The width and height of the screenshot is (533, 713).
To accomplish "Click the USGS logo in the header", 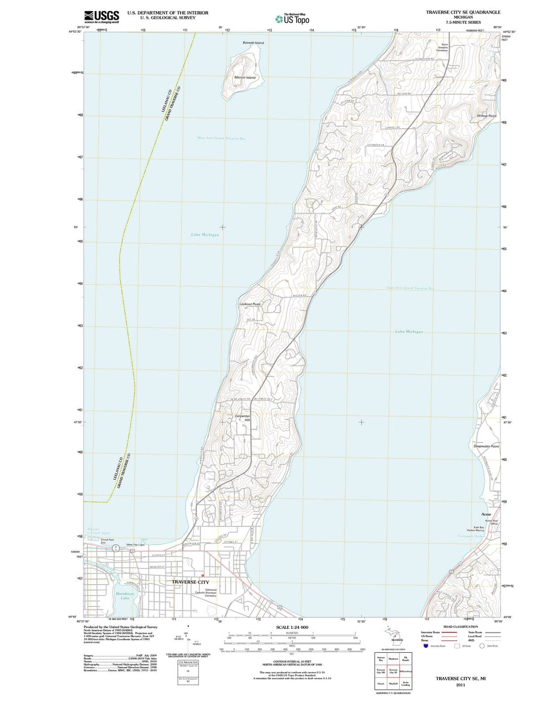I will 101,17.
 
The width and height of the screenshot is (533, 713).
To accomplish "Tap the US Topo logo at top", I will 292,19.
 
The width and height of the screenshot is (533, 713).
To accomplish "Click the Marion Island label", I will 245,77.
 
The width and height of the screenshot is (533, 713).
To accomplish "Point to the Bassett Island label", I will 253,43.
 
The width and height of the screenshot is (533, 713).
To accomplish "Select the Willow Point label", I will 487,116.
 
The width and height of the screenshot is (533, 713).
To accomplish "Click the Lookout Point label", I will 250,304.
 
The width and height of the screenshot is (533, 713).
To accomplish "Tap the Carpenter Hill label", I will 243,418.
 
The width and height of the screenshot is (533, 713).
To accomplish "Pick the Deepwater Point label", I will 486,446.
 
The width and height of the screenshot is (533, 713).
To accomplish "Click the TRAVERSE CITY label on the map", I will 190,582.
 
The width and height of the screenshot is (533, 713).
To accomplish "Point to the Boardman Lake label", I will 125,596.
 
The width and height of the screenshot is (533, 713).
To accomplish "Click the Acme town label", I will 486,514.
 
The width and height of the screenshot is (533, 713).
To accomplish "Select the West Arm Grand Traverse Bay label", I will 222,139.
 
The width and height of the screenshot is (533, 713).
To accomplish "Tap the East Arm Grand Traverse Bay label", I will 410,288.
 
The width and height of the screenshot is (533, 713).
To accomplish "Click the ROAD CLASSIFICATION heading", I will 461,627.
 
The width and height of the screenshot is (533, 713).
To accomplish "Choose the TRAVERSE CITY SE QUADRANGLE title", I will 463,12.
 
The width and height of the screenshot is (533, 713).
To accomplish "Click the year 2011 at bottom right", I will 460,685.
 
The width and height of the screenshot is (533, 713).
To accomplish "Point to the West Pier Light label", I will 135,545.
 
